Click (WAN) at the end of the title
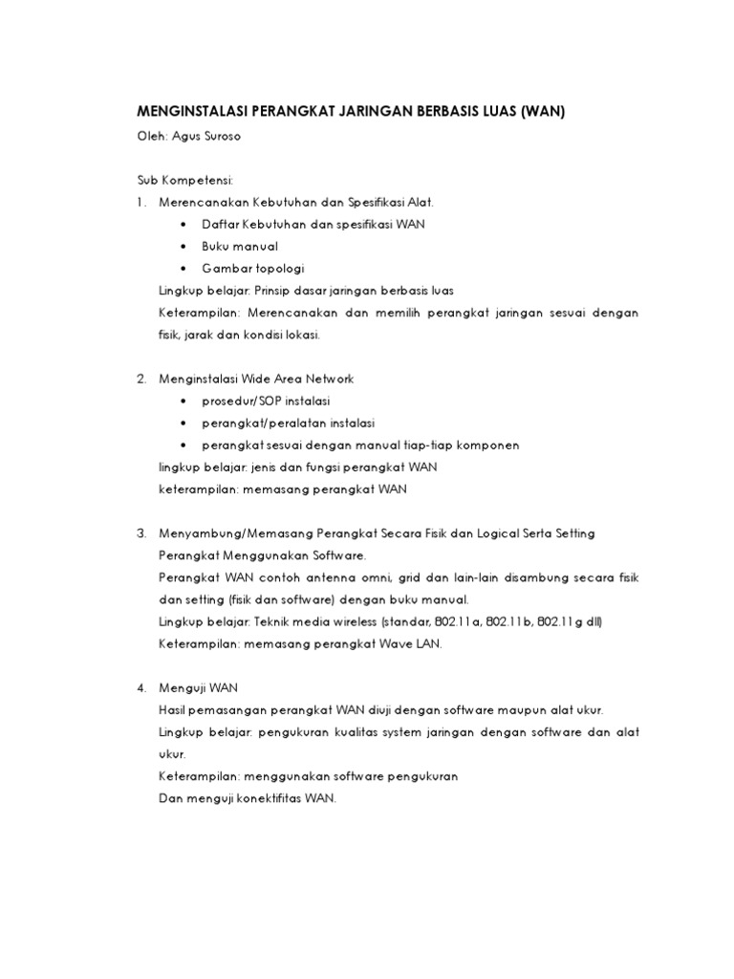click(x=543, y=112)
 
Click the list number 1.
click(x=140, y=202)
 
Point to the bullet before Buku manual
click(x=182, y=247)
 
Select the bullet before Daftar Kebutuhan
click(x=182, y=225)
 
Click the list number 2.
click(x=140, y=380)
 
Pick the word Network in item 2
click(x=327, y=380)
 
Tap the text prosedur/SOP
click(x=236, y=402)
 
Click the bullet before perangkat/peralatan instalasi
click(x=182, y=424)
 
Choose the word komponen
click(x=485, y=446)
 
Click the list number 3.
click(x=140, y=533)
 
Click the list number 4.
click(x=140, y=688)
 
